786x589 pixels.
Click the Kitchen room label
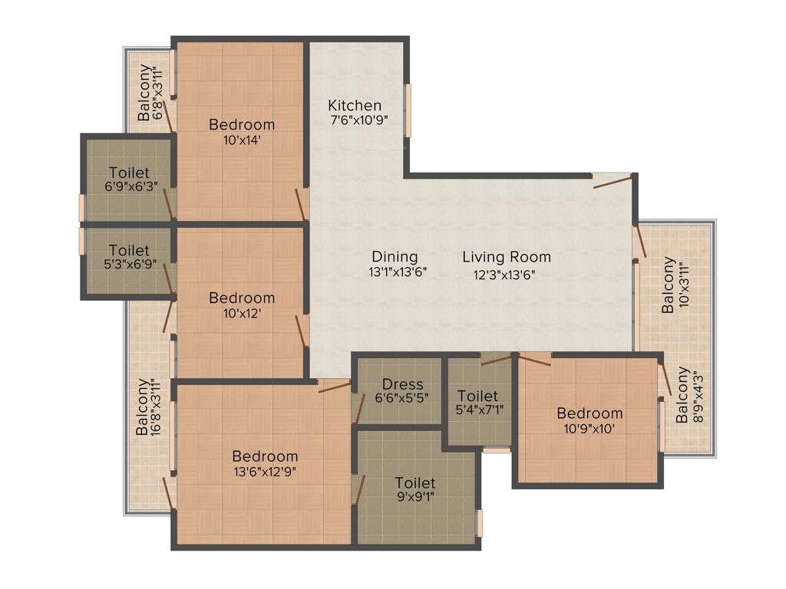pos(355,105)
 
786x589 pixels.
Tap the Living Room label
pos(507,257)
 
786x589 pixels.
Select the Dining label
pos(395,257)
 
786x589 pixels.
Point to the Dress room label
pos(402,384)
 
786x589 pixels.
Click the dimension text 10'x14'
pos(242,140)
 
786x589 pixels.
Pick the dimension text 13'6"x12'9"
pos(265,472)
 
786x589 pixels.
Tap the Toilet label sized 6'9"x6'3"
pos(129,173)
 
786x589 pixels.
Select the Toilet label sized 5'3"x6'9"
pos(129,251)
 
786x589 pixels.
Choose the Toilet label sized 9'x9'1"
pos(415,482)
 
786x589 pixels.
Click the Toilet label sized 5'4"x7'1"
pos(477,396)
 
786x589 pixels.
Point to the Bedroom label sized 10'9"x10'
pos(589,413)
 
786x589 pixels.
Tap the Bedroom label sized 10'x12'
pos(242,298)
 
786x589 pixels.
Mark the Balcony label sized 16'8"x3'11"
pos(142,407)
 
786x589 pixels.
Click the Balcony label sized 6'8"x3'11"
pos(144,94)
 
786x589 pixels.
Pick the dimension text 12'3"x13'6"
pos(499,272)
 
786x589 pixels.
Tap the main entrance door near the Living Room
pos(614,180)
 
